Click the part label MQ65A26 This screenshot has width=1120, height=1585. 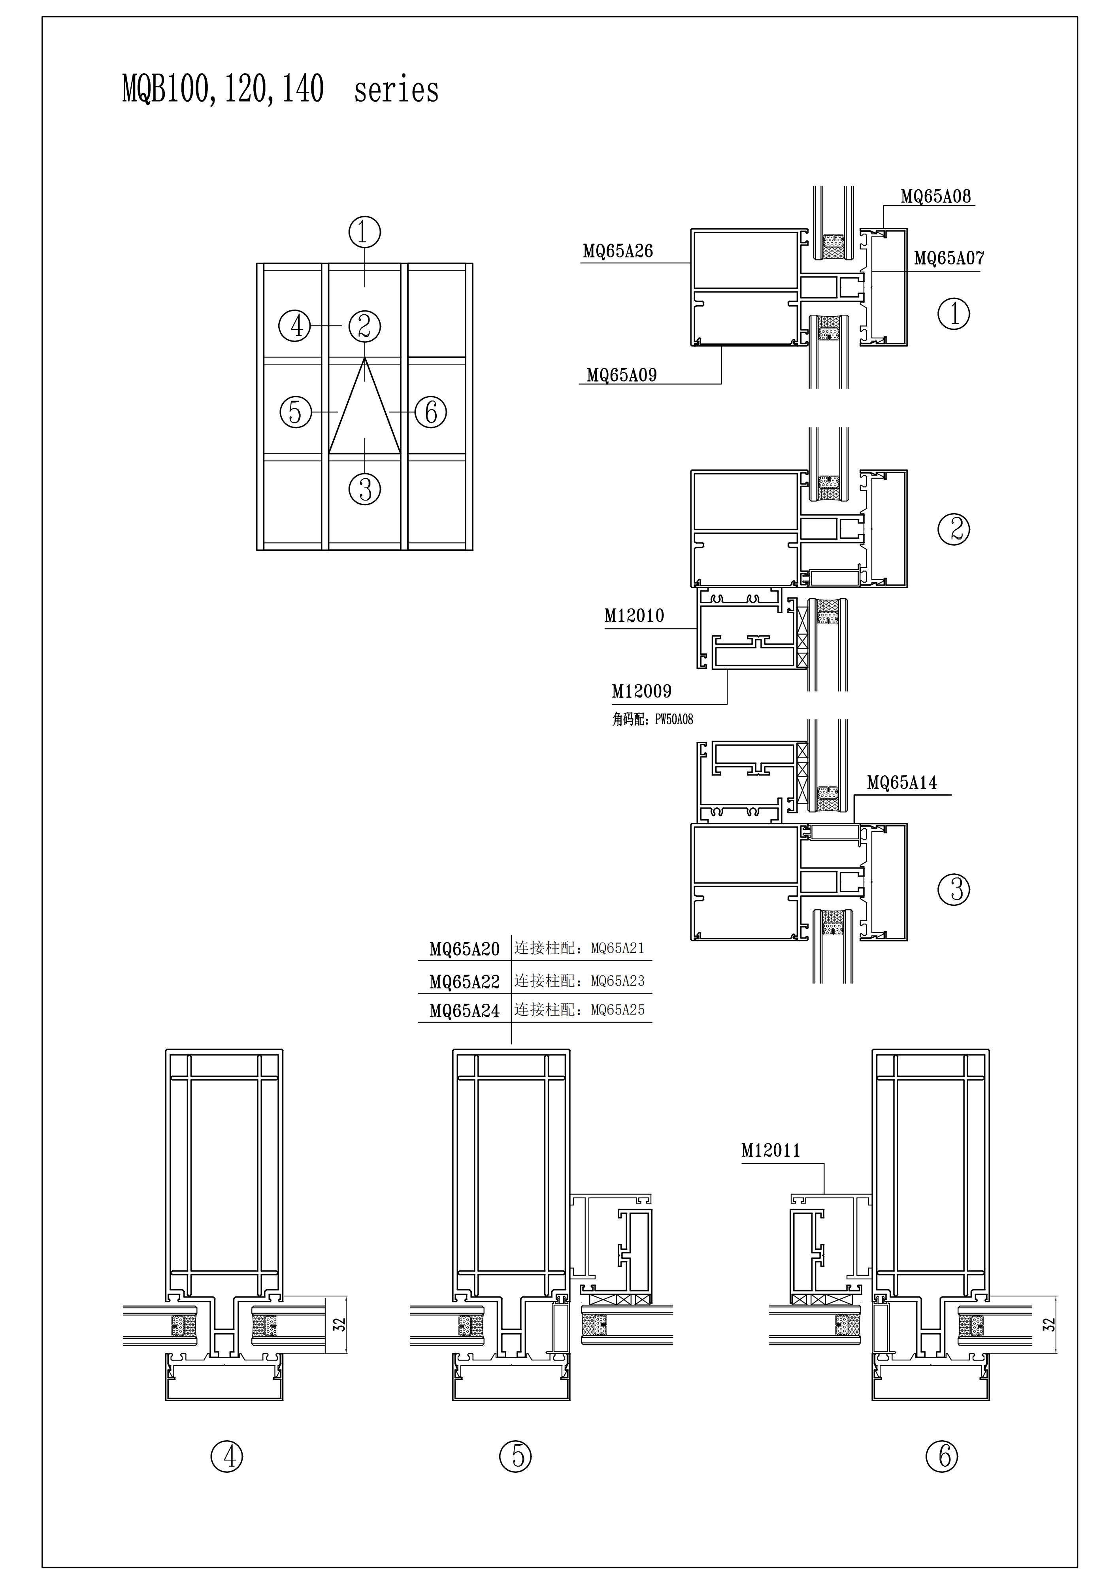[x=618, y=251]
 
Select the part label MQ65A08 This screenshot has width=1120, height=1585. [x=936, y=196]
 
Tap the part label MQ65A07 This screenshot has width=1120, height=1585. [x=949, y=258]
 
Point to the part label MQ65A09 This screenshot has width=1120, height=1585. [x=621, y=375]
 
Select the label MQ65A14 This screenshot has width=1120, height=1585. [x=902, y=783]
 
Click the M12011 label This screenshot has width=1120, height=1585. [x=771, y=1150]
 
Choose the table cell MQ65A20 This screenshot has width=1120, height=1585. [x=464, y=949]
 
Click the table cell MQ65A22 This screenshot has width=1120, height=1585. [x=464, y=982]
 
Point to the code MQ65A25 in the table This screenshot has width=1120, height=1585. [x=618, y=1010]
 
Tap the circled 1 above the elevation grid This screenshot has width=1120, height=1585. [x=364, y=232]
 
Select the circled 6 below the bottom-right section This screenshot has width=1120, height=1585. [x=941, y=1457]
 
